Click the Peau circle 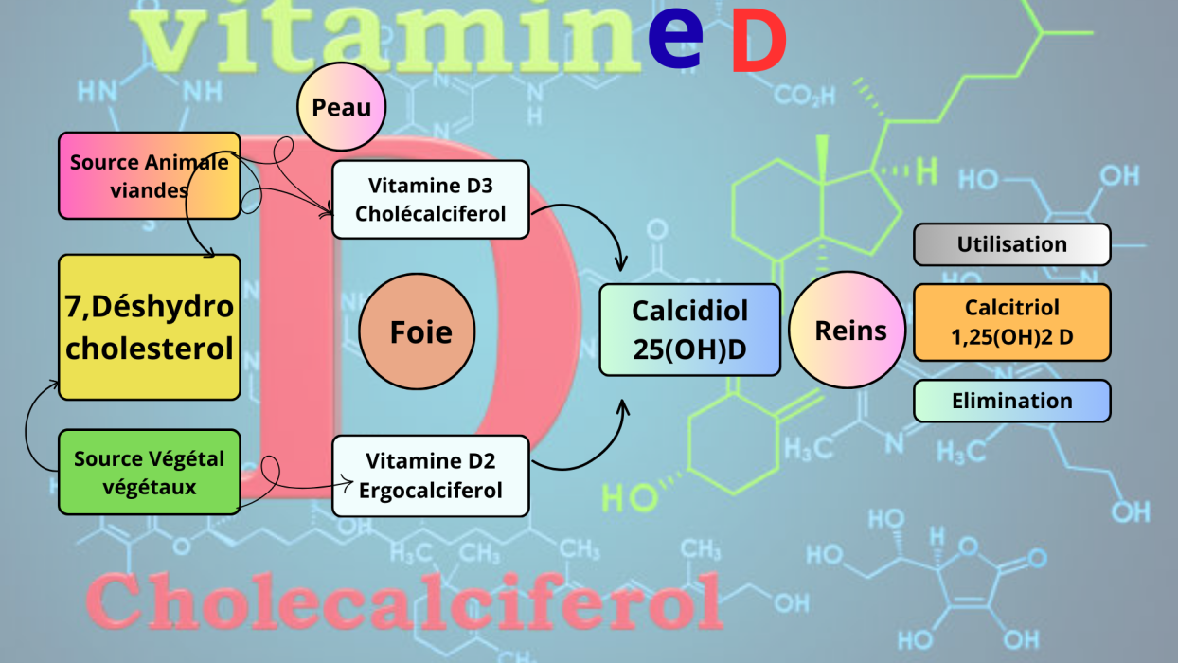point(342,107)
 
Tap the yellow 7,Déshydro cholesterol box point(150,327)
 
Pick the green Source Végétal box point(150,473)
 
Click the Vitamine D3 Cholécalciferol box point(430,199)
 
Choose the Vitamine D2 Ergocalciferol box point(430,475)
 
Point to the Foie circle point(418,332)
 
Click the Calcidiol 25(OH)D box point(689,330)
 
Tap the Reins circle point(850,330)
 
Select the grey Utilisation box point(1011,244)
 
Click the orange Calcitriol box point(1011,322)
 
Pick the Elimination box point(1011,401)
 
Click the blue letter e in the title point(675,38)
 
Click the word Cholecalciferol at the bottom point(404,600)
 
